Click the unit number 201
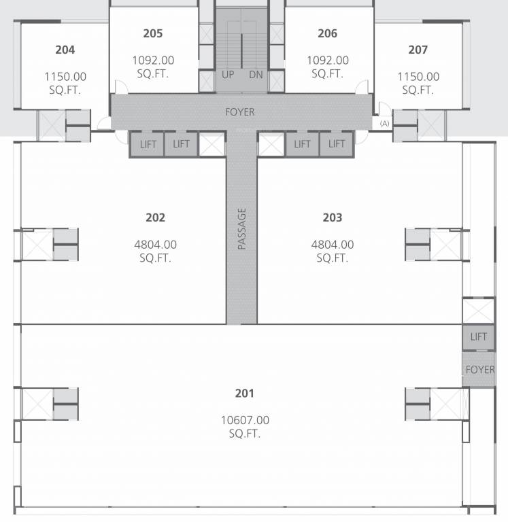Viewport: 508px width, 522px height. tap(244, 393)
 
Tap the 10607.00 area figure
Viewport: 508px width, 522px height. tap(245, 420)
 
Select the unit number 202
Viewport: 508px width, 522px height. tap(155, 217)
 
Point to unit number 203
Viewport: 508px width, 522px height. tap(332, 217)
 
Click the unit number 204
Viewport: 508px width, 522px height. tap(65, 50)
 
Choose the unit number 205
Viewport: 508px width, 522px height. tap(153, 33)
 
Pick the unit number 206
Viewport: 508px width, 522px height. tap(327, 33)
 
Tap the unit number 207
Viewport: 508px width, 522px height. tap(418, 50)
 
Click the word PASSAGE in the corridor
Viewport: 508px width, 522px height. tap(241, 228)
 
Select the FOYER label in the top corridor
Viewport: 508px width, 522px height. tap(240, 111)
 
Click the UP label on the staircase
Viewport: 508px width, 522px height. tap(228, 75)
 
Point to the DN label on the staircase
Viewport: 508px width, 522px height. tap(256, 75)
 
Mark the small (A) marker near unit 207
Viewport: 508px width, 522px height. tap(385, 123)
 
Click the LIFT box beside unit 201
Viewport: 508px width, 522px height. tap(479, 336)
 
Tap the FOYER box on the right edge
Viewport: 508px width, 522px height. tap(480, 370)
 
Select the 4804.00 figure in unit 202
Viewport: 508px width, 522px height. tap(155, 245)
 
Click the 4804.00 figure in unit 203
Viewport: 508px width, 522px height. tap(332, 245)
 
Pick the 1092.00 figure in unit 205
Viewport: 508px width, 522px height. tap(153, 60)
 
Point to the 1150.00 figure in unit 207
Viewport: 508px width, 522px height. tap(418, 77)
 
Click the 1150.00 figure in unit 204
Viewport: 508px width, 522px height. tap(65, 77)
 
